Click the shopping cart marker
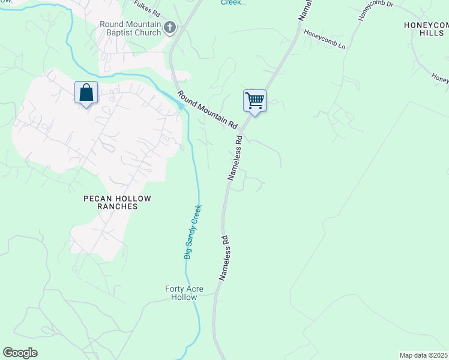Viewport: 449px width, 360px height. click(255, 100)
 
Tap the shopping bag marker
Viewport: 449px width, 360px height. click(86, 93)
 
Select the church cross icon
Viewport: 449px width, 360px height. click(170, 28)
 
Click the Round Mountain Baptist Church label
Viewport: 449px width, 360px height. click(131, 28)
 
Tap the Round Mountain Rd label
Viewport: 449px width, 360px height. click(207, 109)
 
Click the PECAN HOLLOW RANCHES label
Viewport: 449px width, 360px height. click(117, 202)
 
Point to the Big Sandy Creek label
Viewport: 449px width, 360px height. click(193, 232)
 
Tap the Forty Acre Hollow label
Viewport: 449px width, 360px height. click(184, 293)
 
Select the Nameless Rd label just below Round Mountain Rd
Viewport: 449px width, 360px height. click(235, 158)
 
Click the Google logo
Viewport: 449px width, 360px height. click(20, 353)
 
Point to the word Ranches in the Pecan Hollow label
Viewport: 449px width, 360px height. click(117, 206)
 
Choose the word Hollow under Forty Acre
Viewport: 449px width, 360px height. click(184, 297)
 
